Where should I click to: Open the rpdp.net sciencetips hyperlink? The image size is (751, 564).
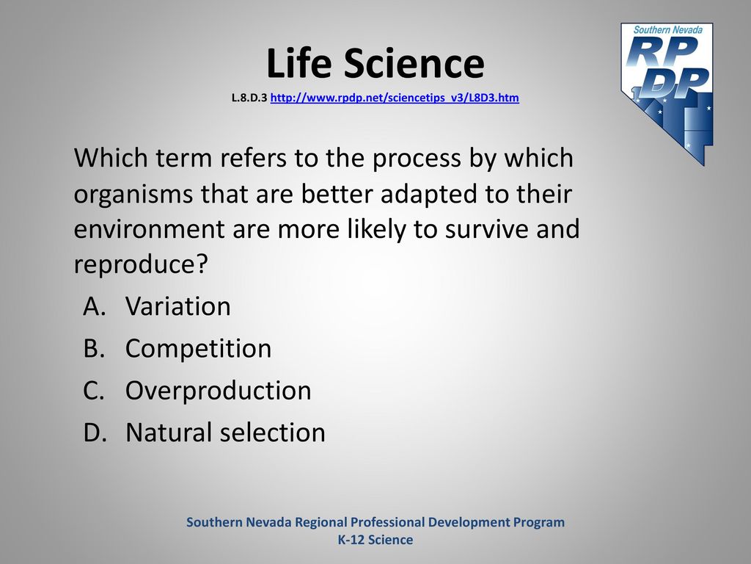pyautogui.click(x=395, y=98)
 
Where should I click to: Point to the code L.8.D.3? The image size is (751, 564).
pyautogui.click(x=249, y=98)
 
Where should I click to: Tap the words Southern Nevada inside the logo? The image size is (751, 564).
pyautogui.click(x=667, y=29)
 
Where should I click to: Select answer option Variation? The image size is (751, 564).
pyautogui.click(x=177, y=306)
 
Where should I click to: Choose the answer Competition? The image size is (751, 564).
pyautogui.click(x=198, y=348)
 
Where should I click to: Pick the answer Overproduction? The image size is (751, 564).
pyautogui.click(x=219, y=391)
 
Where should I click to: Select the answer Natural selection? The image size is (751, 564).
pyautogui.click(x=226, y=432)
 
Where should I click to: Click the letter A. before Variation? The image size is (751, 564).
pyautogui.click(x=94, y=306)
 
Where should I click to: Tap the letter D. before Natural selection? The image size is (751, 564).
pyautogui.click(x=95, y=432)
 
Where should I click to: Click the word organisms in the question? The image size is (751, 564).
pyautogui.click(x=133, y=194)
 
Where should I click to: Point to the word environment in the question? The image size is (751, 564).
pyautogui.click(x=149, y=229)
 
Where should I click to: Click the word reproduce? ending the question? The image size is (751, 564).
pyautogui.click(x=141, y=264)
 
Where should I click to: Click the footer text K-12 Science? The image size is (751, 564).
pyautogui.click(x=375, y=540)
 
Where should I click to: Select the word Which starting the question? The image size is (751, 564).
pyautogui.click(x=111, y=157)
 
